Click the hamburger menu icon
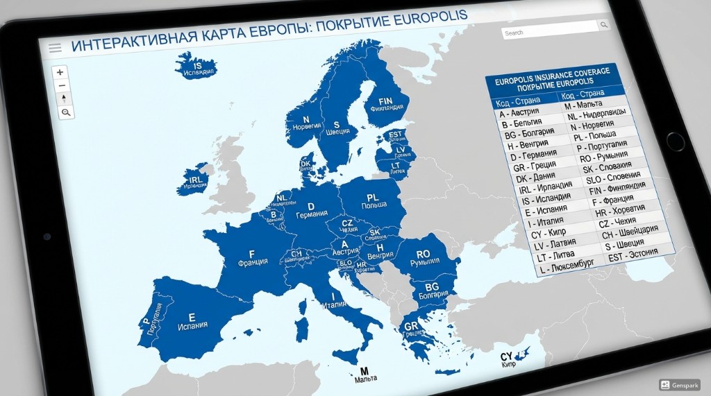[x=55, y=48]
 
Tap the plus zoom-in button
[x=61, y=72]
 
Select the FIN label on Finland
[x=386, y=100]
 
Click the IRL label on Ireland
[x=196, y=178]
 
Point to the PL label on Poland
[x=372, y=198]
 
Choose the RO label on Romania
[x=423, y=255]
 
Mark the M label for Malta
[x=364, y=370]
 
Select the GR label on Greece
[x=411, y=326]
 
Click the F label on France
[x=251, y=253]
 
